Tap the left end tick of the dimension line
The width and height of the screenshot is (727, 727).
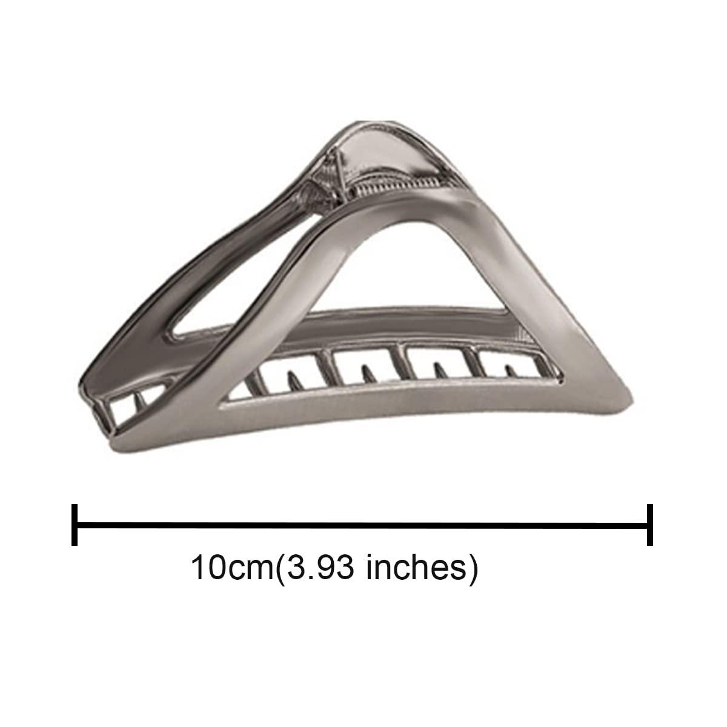[x=75, y=524]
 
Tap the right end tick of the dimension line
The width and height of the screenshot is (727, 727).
[x=651, y=524]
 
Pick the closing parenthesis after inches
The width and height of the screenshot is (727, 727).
[x=472, y=568]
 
